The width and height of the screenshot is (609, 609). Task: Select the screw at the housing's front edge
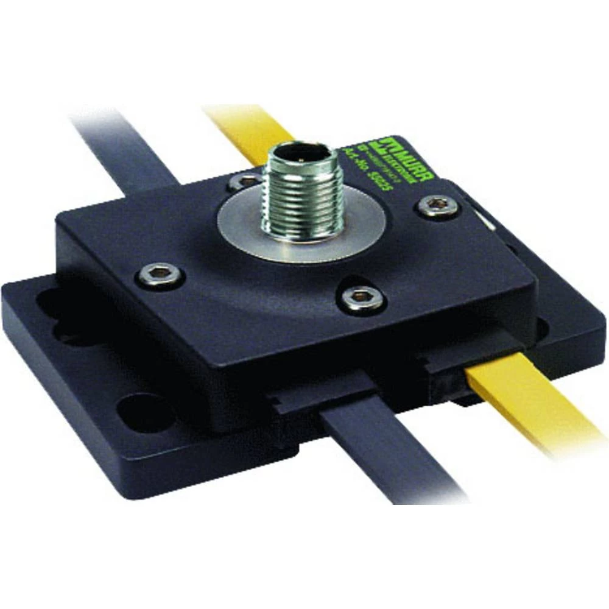361,299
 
